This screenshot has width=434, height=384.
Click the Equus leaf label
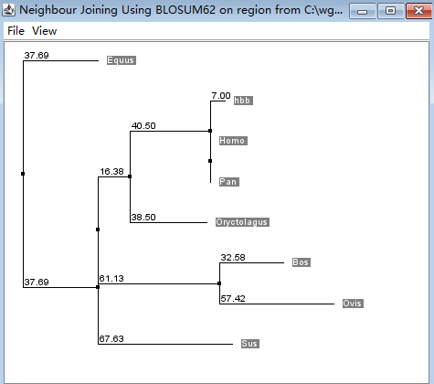[x=122, y=60]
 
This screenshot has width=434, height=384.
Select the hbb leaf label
[x=243, y=101]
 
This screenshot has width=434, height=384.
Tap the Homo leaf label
[x=233, y=141]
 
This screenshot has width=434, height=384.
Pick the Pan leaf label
[x=229, y=182]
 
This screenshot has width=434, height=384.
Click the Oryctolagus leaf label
[x=242, y=222]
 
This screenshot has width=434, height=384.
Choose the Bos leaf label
[x=302, y=262]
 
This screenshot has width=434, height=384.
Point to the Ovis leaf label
[x=353, y=304]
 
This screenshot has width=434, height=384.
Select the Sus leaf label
[x=250, y=344]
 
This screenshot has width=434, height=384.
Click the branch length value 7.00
[x=221, y=96]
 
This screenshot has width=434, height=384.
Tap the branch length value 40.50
[x=143, y=126]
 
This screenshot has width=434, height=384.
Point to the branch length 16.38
[x=111, y=172]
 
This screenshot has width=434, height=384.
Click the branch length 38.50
[x=143, y=218]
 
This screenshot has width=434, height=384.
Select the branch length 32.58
[x=233, y=258]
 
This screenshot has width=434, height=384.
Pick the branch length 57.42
[x=233, y=299]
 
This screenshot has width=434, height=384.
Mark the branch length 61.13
[x=111, y=279]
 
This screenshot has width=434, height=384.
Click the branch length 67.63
[x=111, y=339]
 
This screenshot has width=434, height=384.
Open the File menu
[x=16, y=31]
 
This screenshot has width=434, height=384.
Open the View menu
[x=45, y=31]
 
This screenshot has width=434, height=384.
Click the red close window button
[x=418, y=11]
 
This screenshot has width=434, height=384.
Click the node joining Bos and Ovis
[x=219, y=283]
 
